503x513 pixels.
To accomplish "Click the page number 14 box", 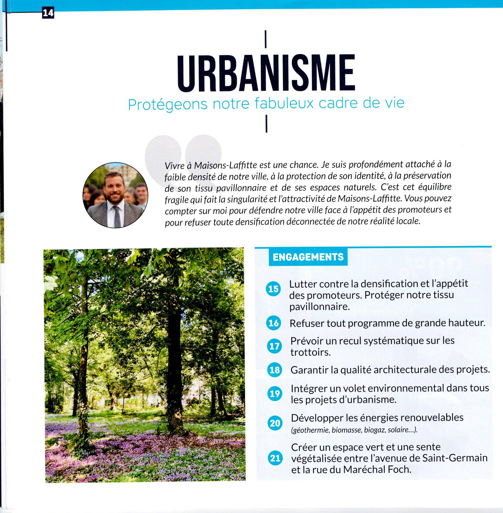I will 48,12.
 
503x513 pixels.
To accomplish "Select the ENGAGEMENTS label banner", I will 308,257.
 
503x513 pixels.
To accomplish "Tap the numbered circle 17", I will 274,346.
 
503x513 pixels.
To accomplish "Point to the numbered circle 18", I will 274,370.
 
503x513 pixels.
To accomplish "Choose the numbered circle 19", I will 274,394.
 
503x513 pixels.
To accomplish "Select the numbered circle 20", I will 275,423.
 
